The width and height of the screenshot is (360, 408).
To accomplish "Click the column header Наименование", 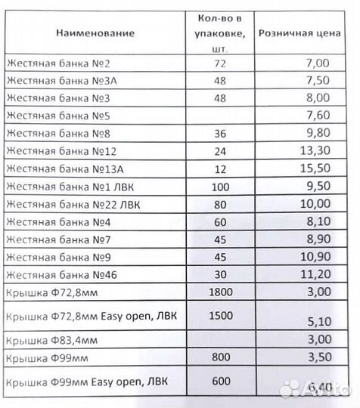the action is click(95, 33).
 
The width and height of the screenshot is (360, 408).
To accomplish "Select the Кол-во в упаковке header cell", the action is click(221, 32).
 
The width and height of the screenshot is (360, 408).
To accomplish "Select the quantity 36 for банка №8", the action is click(221, 133).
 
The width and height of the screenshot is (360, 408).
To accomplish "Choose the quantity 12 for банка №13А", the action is click(221, 168).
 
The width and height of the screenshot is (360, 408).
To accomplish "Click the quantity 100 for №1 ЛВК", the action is click(221, 186).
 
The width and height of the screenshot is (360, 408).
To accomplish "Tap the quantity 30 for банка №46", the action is click(221, 274).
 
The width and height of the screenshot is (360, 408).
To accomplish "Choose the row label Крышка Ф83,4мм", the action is click(45, 339).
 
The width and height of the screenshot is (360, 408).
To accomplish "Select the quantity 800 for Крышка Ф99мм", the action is click(221, 357).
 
